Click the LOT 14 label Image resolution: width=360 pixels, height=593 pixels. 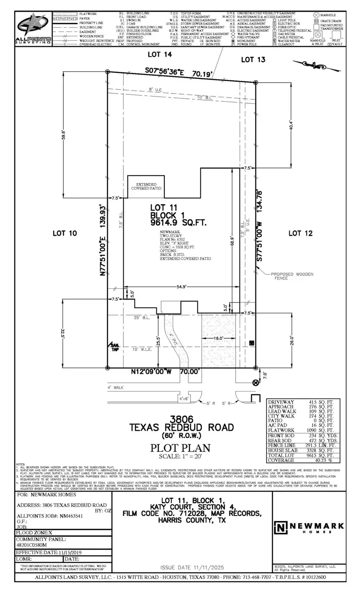click(159, 54)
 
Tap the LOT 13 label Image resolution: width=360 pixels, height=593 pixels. click(253, 60)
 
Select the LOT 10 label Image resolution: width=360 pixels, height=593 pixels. click(65, 233)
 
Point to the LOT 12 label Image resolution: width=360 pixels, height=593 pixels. click(300, 233)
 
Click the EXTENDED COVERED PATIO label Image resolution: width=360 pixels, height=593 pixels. click(146, 186)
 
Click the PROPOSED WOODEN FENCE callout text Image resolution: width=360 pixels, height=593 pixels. click(292, 276)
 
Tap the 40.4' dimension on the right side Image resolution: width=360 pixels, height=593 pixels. click(291, 125)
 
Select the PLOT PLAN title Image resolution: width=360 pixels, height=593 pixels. click(180, 448)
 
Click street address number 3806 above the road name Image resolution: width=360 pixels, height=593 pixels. click(182, 419)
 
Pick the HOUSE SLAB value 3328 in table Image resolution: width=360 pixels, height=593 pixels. click(316, 450)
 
